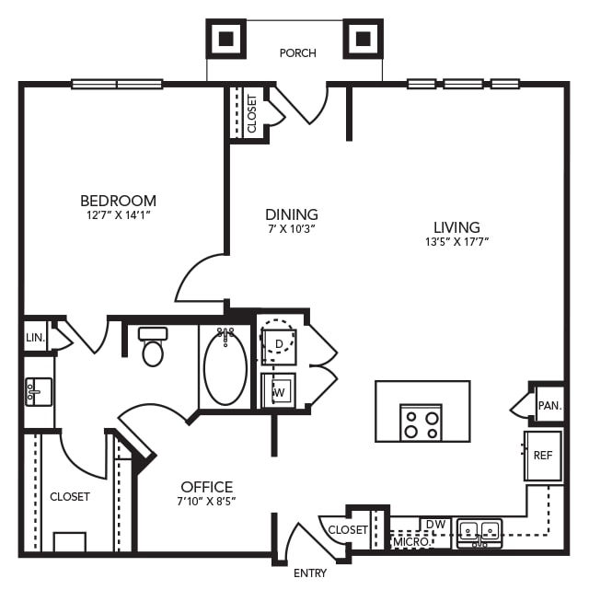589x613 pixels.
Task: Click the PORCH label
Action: pos(297,53)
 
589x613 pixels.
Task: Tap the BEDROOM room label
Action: pos(118,201)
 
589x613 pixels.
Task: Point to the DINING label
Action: pos(291,214)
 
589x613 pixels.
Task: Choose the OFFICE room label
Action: pos(206,487)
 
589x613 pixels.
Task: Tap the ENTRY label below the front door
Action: pos(310,573)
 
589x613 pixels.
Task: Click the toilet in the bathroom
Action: pos(153,347)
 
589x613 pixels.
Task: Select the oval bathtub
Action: pos(225,367)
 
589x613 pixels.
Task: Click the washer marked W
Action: pos(278,390)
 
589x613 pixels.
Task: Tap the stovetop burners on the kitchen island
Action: pos(421,422)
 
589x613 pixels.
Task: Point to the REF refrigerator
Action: pos(543,456)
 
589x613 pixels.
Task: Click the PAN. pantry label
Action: pos(549,404)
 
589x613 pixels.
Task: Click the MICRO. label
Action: pos(410,542)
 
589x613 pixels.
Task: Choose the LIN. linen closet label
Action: pos(35,338)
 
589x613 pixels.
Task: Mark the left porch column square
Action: pos(225,38)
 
